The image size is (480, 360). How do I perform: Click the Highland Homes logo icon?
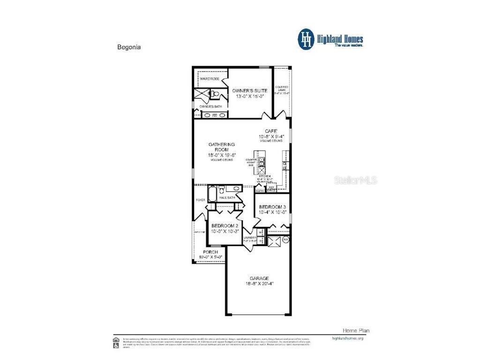click(x=306, y=39)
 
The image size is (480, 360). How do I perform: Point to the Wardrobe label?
click(x=210, y=79)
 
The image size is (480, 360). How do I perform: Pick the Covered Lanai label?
click(x=282, y=89)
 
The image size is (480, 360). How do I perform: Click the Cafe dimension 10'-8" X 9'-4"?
click(x=272, y=137)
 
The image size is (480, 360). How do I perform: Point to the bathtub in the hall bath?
click(x=212, y=193)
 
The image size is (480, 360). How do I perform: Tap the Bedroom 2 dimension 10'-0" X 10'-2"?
click(x=225, y=231)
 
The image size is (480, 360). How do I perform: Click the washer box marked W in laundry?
click(x=261, y=232)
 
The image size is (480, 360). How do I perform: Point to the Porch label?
click(x=210, y=252)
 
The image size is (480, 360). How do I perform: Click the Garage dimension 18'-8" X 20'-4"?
click(x=259, y=284)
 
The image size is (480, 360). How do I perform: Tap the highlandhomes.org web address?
click(x=347, y=338)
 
